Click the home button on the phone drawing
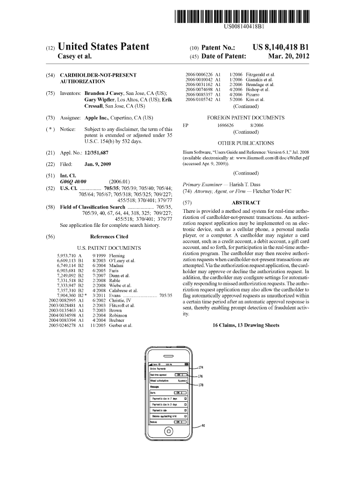pyautogui.click(x=168, y=431)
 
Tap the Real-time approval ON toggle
pyautogui.click(x=180, y=374)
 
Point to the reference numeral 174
pyautogui.click(x=201, y=368)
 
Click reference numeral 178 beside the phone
pyautogui.click(x=201, y=385)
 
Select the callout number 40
pyautogui.click(x=202, y=426)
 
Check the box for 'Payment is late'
pyautogui.click(x=186, y=410)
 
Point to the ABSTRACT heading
pyautogui.click(x=245, y=203)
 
